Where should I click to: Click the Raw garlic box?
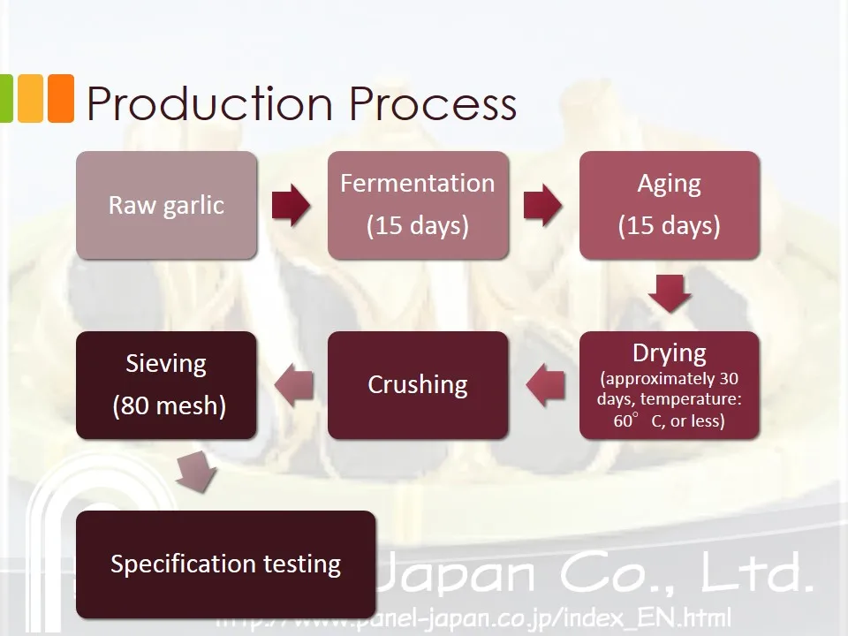coord(166,205)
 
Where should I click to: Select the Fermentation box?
coord(418,205)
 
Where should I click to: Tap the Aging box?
coord(669,205)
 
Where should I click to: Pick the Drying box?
coord(669,385)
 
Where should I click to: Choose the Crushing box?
coord(418,385)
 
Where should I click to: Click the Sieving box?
coord(166,385)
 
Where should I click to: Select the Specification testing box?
coord(225,564)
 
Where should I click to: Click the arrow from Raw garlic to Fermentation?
coord(291,205)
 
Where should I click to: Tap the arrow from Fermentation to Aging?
coord(542,205)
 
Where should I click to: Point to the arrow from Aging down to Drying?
coord(669,293)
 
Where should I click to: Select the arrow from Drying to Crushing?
coord(545,385)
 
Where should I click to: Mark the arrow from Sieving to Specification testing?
coord(195,474)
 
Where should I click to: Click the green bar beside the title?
coord(6,98)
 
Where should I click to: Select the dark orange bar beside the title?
coord(60,98)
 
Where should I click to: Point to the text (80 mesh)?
coord(169,405)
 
